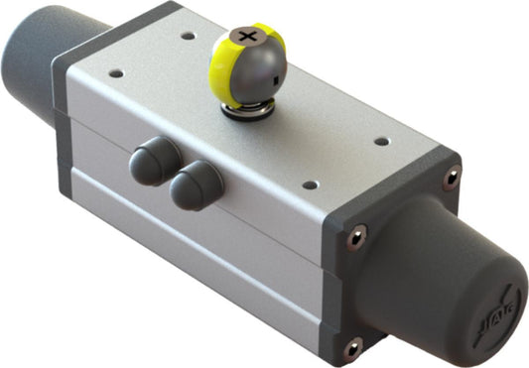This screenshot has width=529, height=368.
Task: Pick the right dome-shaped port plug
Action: pos(195,184)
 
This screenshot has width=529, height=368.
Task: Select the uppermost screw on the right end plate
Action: pos(452,179)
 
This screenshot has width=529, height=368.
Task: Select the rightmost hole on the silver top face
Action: pos(380,141)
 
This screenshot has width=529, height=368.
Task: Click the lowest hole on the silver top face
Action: pos(309,184)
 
